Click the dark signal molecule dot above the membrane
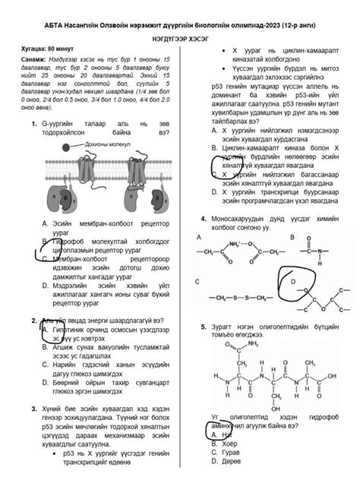click(68, 147)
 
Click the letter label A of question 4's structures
click(199, 237)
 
